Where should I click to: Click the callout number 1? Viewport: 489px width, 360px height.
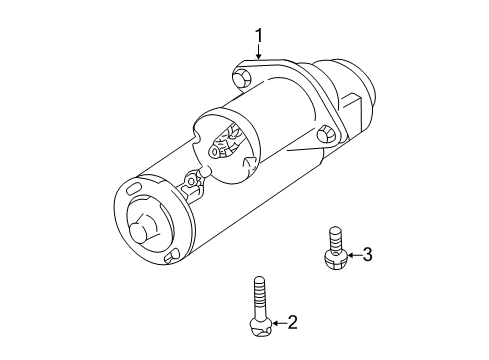[x=260, y=38]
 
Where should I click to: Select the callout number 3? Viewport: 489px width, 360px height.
[x=367, y=254]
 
